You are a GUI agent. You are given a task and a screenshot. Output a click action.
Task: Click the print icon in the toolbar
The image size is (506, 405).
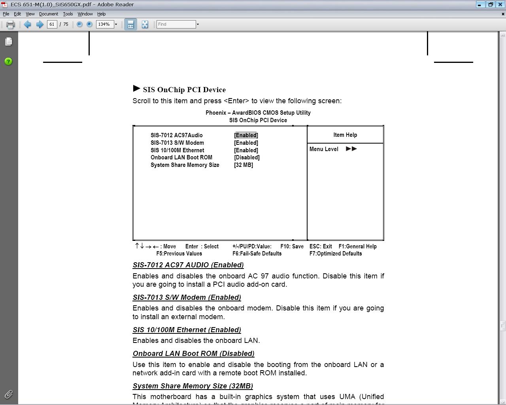tap(11, 25)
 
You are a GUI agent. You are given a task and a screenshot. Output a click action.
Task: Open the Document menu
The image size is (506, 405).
tap(48, 14)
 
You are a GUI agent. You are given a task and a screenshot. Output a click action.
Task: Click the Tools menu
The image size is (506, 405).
tap(68, 14)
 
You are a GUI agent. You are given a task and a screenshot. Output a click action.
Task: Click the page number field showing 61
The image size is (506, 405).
tap(52, 25)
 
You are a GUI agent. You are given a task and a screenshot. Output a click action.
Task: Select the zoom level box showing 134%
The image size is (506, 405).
tap(104, 25)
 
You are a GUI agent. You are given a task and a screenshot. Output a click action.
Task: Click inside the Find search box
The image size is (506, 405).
tap(176, 25)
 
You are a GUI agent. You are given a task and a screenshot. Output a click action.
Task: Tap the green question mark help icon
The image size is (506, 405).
tap(8, 61)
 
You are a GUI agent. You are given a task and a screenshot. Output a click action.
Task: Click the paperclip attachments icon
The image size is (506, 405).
tap(8, 394)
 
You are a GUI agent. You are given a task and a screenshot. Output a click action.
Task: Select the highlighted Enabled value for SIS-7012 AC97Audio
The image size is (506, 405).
tap(246, 135)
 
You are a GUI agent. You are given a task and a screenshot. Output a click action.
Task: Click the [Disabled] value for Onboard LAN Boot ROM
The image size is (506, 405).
tap(247, 157)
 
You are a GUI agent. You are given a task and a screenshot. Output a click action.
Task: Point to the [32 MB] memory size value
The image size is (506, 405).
tap(244, 165)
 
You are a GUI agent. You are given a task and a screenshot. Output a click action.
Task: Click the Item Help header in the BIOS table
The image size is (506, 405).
tap(345, 135)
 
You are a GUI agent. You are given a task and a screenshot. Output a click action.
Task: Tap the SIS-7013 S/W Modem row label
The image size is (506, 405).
tap(177, 143)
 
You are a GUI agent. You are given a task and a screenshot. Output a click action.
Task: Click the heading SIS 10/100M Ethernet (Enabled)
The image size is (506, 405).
tap(187, 330)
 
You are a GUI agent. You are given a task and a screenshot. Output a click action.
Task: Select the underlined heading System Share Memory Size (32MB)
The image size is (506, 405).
tap(193, 386)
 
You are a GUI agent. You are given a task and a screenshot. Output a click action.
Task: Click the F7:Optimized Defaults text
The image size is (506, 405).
tap(336, 254)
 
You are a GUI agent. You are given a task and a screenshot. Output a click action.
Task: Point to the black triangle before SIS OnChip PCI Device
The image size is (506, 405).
tap(137, 88)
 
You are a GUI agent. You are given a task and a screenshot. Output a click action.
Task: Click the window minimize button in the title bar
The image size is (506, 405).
tap(479, 4)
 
